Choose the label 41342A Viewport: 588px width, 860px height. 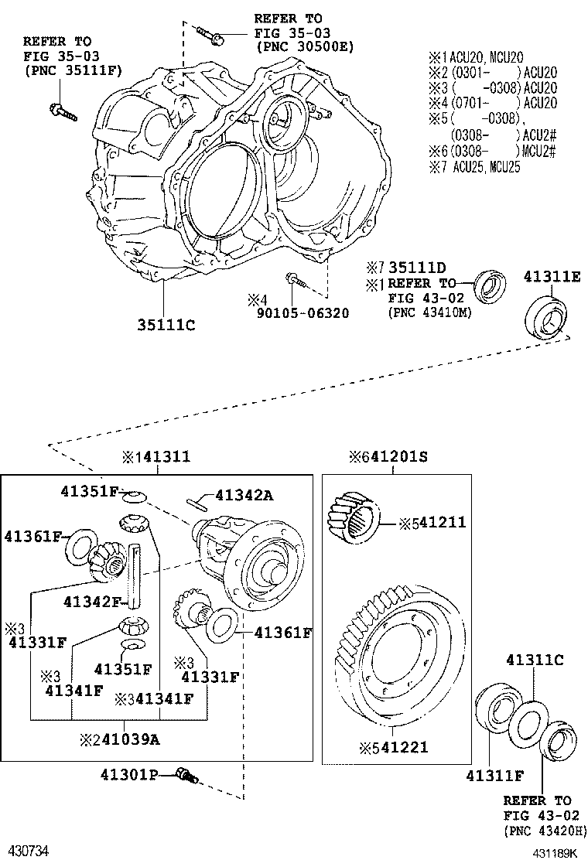tap(244, 495)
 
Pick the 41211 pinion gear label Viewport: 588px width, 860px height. tap(439, 523)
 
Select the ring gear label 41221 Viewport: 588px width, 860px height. tap(399, 747)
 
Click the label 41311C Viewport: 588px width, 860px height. tap(534, 660)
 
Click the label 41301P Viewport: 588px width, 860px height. tap(128, 773)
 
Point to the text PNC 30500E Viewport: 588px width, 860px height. tap(303, 46)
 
